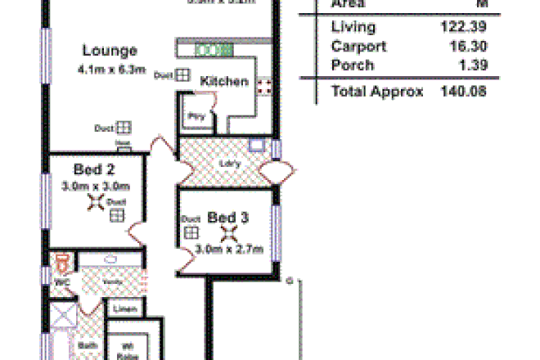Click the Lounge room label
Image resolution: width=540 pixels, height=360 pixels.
tap(110, 51)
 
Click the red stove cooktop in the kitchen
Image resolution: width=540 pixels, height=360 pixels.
tap(264, 88)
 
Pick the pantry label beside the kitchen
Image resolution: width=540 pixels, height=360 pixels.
tap(196, 116)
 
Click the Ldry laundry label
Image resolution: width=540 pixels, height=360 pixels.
tap(230, 162)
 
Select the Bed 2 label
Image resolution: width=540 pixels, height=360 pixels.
tap(93, 170)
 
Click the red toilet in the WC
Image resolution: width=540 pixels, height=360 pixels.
tap(61, 263)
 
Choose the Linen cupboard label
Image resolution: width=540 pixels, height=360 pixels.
tap(124, 309)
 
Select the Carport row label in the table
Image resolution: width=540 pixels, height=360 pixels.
tap(358, 47)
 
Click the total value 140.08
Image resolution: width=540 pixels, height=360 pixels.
tap(463, 92)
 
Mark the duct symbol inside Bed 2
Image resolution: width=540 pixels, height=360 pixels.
tap(116, 214)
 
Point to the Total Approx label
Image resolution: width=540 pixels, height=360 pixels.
tap(377, 92)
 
